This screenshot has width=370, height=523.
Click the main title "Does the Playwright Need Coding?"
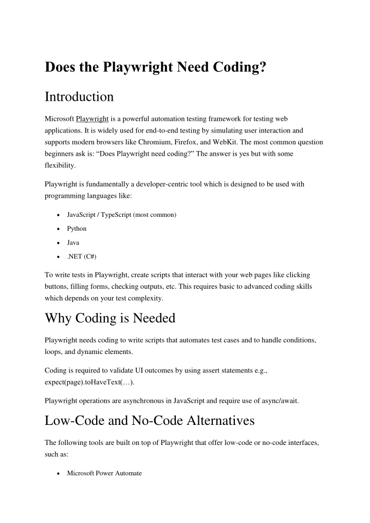click(155, 67)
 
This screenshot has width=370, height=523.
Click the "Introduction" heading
click(79, 97)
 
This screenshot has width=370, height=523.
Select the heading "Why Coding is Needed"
click(110, 318)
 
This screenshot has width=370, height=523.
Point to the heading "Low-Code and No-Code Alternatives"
click(150, 421)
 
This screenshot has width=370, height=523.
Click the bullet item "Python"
click(77, 229)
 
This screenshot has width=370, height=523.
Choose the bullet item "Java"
click(73, 242)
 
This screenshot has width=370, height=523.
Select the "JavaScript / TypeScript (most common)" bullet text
click(122, 215)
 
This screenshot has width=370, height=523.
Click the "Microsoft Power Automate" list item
click(104, 473)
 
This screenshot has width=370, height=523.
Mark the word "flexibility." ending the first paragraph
click(60, 166)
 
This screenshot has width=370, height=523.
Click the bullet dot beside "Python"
click(61, 229)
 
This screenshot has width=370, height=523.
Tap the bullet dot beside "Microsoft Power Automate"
click(61, 473)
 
